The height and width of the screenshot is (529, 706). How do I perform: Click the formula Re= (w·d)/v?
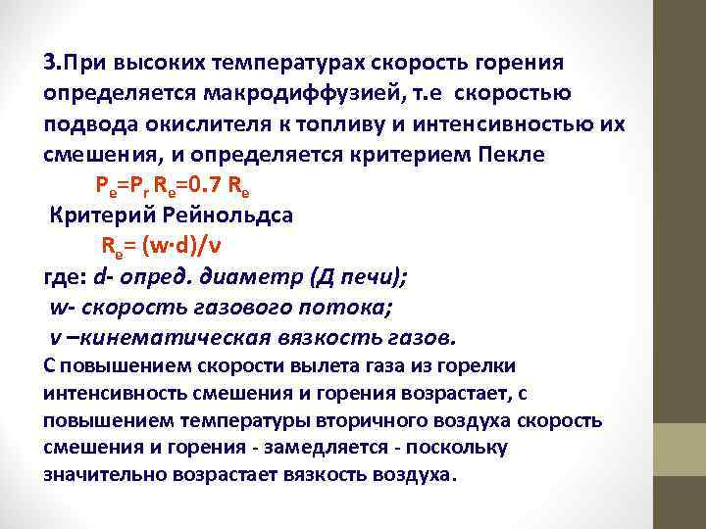(172, 246)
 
